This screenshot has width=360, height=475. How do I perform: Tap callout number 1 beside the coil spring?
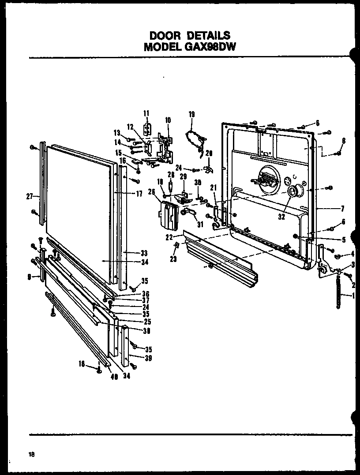pos(354,296)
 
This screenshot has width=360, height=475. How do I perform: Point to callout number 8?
pos(344,141)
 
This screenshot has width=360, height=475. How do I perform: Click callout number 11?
pos(146,114)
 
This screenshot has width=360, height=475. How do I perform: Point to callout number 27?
pos(30,197)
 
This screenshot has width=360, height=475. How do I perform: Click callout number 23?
pos(173,259)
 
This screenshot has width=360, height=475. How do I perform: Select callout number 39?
pos(148,358)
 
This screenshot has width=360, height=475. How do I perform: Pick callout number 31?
pos(200,224)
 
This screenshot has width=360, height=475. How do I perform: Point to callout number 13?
pos(117,133)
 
